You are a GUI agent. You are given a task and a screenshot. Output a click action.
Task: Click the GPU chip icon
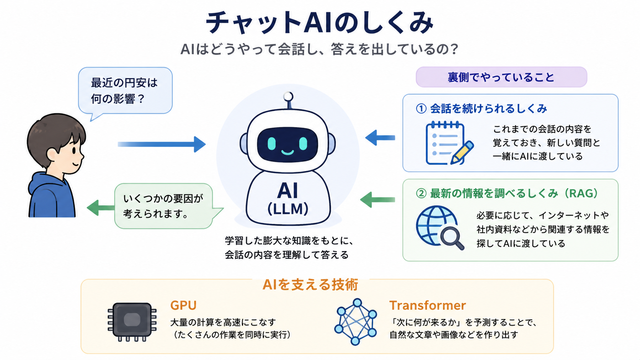(x=132, y=322)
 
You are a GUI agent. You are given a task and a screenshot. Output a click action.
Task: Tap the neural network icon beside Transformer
(x=356, y=322)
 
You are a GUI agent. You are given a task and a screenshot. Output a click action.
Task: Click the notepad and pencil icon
(x=449, y=143)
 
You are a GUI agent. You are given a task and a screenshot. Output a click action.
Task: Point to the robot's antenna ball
(x=288, y=96)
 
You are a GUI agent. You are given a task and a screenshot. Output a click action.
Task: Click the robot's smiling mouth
(x=287, y=152)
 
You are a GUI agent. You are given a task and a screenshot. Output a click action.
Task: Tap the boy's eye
(x=74, y=150)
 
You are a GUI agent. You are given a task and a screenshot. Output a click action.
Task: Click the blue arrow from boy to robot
(x=162, y=144)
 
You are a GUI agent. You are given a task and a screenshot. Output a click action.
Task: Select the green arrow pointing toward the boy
(x=101, y=208)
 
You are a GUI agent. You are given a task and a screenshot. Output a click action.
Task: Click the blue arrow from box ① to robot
(x=380, y=138)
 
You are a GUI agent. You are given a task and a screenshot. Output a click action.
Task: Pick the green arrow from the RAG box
(x=377, y=200)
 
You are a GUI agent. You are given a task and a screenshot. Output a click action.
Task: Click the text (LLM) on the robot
(x=288, y=209)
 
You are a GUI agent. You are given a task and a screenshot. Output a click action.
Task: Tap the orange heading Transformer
(x=428, y=305)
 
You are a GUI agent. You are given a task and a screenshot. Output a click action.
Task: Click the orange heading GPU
(x=183, y=305)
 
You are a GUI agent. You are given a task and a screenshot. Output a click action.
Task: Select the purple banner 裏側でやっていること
(x=501, y=77)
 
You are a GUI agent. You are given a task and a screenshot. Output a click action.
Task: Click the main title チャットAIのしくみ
(x=320, y=23)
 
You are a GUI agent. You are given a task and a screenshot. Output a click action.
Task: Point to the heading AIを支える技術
(x=310, y=285)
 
